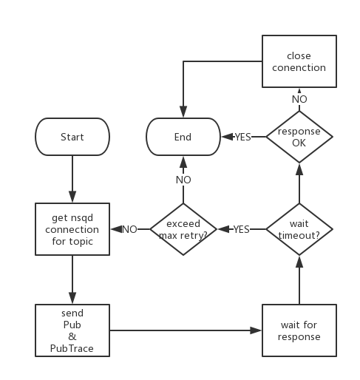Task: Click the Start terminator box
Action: [x=72, y=137]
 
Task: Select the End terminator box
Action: [x=183, y=137]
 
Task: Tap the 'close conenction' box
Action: [x=299, y=62]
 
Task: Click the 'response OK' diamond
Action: [x=299, y=137]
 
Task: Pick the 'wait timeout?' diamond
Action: [x=299, y=229]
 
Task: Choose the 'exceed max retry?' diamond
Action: [x=183, y=229]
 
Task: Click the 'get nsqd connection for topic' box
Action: [x=72, y=229]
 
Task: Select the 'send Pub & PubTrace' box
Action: [x=72, y=330]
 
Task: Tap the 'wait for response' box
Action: [x=300, y=330]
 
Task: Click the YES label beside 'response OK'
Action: [x=243, y=137]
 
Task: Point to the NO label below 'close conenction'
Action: [x=299, y=98]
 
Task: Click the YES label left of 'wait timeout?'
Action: [x=241, y=229]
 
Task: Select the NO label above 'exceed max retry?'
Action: [x=183, y=180]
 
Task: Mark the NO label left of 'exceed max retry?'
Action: [x=129, y=229]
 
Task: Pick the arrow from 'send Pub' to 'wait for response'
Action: [x=185, y=330]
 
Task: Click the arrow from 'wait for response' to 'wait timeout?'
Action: [x=299, y=281]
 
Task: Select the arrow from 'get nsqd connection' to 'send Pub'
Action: [x=72, y=279]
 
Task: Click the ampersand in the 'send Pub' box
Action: [x=72, y=336]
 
